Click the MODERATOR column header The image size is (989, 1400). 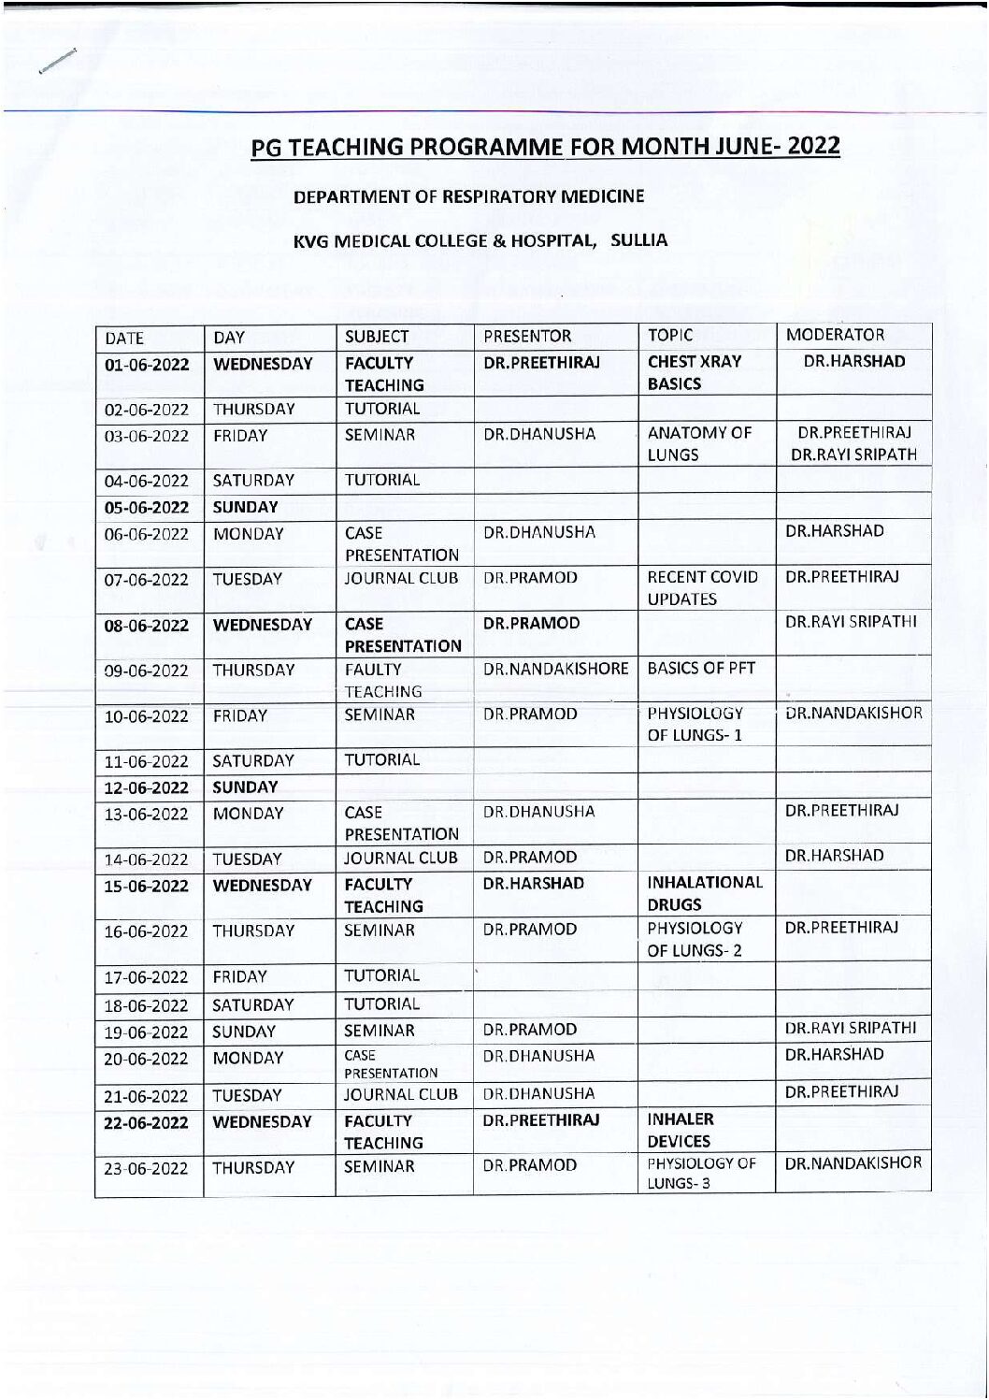coord(836,336)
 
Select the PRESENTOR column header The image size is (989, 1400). coord(527,336)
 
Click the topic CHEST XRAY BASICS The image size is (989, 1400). coord(695,372)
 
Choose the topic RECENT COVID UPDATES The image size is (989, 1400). coord(703,587)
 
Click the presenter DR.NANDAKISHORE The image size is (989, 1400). coord(555,669)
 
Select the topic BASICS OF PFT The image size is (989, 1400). coord(701,669)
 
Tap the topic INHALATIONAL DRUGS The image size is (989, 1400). coord(705,893)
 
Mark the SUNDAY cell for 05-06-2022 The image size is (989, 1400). coord(246,507)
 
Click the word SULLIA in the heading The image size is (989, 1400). coord(639,240)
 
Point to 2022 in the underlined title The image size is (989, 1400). coord(812,147)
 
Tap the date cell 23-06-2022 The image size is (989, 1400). coord(147,1168)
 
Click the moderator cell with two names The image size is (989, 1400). coord(853,444)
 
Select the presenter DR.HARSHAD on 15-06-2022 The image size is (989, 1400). coord(535,884)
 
